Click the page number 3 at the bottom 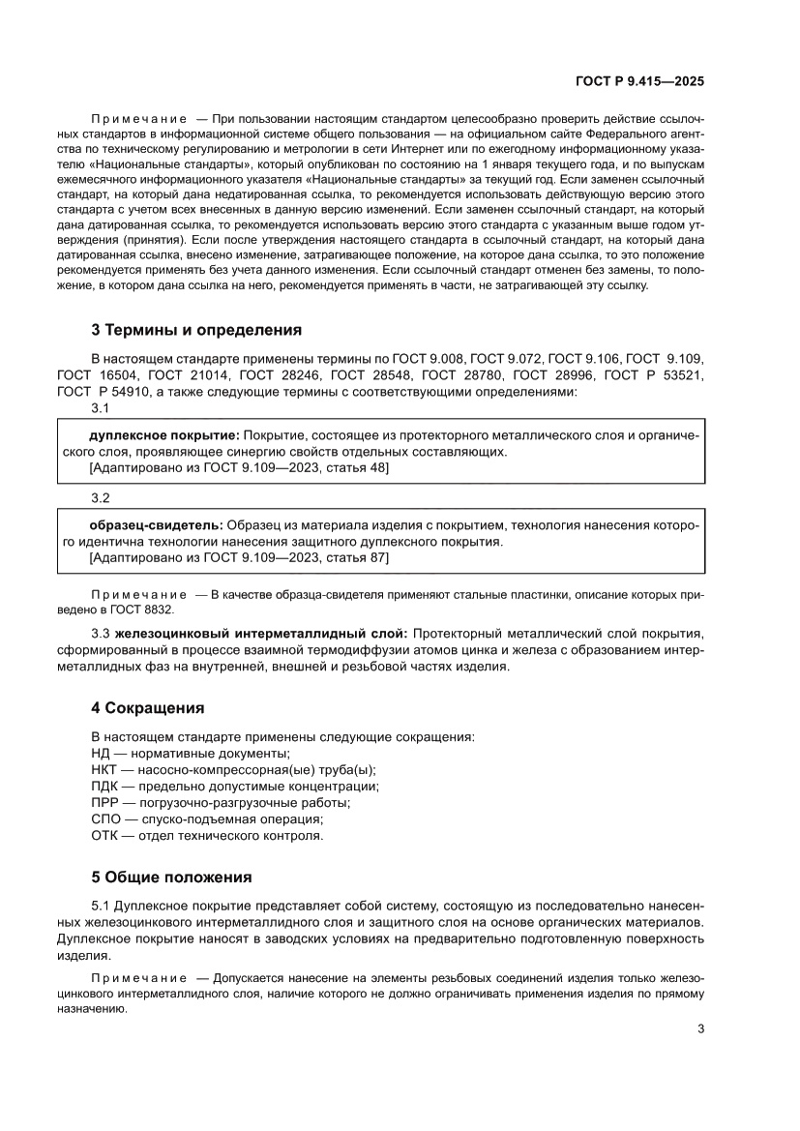point(700,1028)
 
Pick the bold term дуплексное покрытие point(164,436)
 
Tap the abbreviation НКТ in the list point(104,770)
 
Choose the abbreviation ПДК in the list point(105,787)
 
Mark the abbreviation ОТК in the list point(105,836)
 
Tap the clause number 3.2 point(101,498)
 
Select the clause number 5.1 point(101,906)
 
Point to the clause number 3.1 point(101,408)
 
